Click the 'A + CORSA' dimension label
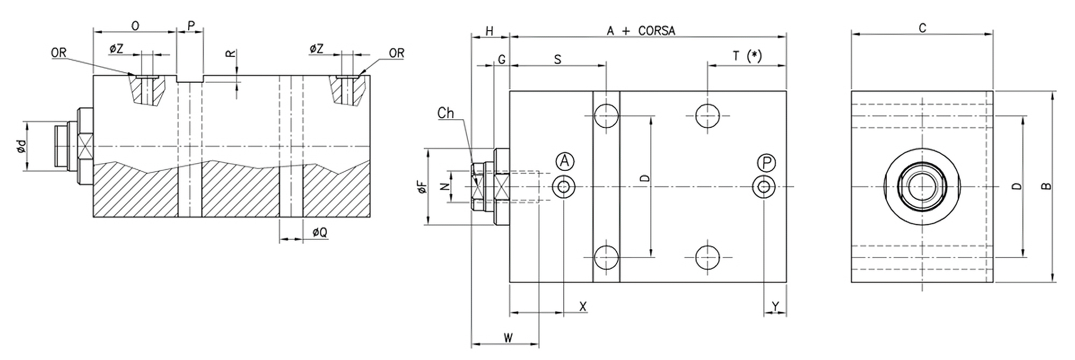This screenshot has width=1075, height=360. click(x=641, y=31)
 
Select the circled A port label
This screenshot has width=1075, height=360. click(x=564, y=161)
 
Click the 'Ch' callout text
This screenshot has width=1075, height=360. click(x=446, y=113)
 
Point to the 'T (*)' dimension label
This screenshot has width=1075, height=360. click(x=747, y=56)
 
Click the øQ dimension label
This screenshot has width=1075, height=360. click(x=320, y=232)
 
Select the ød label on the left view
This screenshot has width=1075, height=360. click(x=20, y=146)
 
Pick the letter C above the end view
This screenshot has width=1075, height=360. click(x=922, y=28)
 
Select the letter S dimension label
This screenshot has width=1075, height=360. click(x=557, y=59)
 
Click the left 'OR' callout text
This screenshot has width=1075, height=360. click(x=59, y=53)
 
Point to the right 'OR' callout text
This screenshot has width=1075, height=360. click(x=396, y=53)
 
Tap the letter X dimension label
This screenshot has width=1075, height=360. click(x=583, y=307)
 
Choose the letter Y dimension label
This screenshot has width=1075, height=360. click(x=775, y=306)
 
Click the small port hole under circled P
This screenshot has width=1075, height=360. click(x=764, y=186)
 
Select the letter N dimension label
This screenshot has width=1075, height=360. click(x=444, y=186)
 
